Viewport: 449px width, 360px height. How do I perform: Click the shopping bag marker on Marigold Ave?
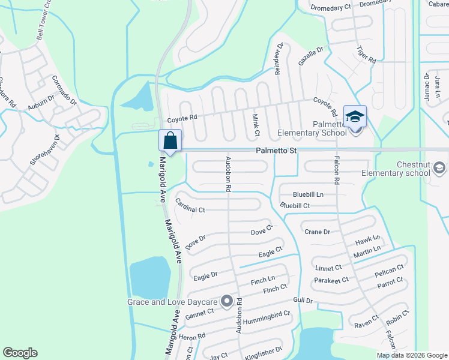click(170, 142)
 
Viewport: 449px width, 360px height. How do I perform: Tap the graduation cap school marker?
click(355, 117)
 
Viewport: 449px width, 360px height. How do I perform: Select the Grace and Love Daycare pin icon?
click(226, 302)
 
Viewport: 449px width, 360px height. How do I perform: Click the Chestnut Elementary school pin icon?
click(439, 167)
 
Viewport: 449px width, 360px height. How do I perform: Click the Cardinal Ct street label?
click(190, 210)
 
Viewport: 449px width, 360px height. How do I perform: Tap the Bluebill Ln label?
click(308, 194)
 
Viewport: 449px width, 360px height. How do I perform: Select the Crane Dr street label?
click(318, 232)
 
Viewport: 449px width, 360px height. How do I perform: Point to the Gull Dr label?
click(303, 300)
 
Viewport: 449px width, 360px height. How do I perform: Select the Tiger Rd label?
click(366, 55)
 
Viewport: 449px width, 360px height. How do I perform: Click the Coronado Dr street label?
click(64, 89)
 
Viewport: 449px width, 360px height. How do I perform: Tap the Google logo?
click(20, 353)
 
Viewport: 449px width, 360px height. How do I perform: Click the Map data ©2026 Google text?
click(411, 355)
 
